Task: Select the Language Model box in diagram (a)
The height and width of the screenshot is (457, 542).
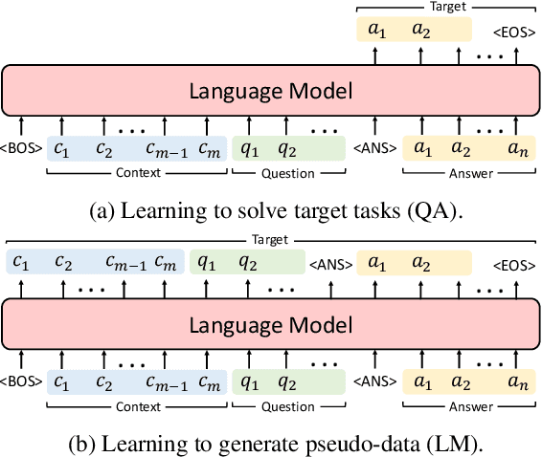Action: point(271,92)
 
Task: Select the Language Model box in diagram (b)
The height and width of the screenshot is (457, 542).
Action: point(271,325)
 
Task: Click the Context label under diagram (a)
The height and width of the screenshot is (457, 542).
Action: point(138,173)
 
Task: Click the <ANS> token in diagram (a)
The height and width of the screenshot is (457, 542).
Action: point(373,149)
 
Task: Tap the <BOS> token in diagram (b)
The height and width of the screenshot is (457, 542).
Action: point(20,381)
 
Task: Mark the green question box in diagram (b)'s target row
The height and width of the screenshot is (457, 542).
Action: point(245,262)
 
